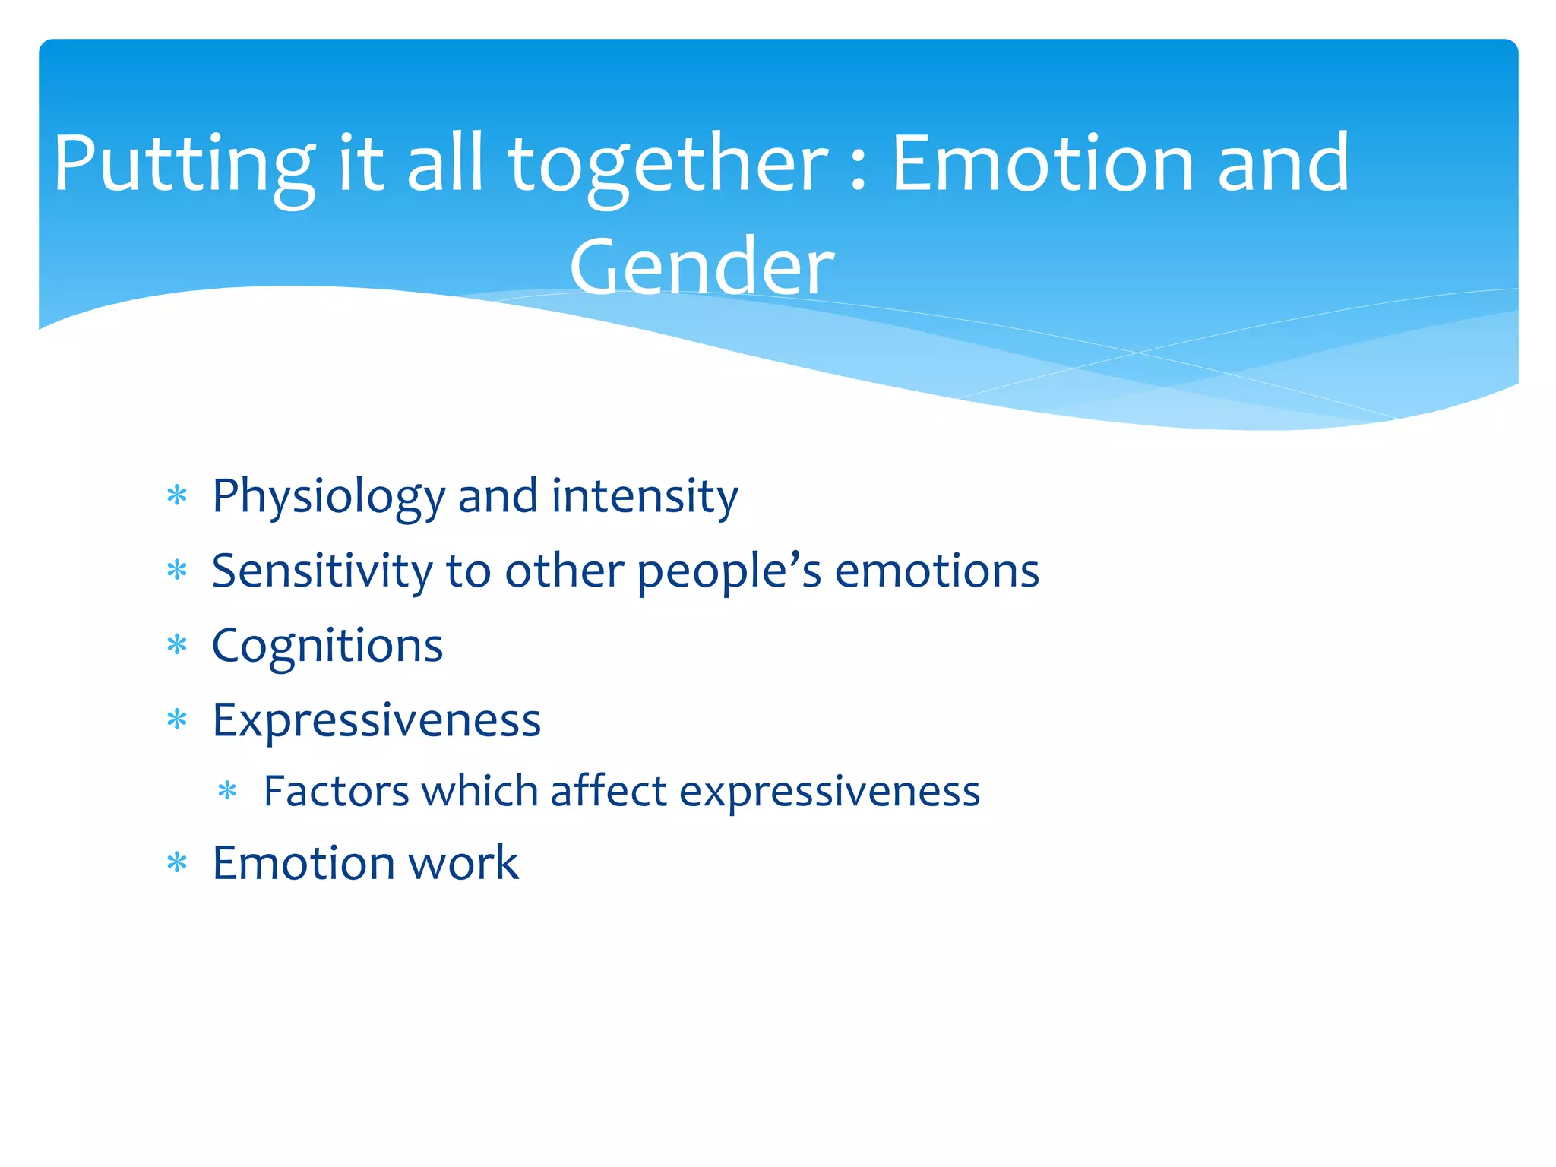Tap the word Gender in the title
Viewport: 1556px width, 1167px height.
(x=701, y=267)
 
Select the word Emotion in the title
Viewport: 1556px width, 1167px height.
(x=1042, y=163)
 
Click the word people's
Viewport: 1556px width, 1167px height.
(x=729, y=571)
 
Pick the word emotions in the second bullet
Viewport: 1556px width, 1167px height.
(x=936, y=571)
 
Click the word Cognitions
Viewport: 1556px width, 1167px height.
(x=327, y=647)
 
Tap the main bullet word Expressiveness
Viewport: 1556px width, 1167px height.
(x=376, y=719)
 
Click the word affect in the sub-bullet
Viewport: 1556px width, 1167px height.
(x=608, y=791)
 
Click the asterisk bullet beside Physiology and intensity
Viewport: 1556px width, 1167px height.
(x=177, y=496)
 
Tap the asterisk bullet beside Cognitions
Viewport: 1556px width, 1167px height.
(x=177, y=645)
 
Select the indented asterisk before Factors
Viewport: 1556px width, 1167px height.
(x=227, y=792)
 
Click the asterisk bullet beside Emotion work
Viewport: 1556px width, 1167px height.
(x=177, y=863)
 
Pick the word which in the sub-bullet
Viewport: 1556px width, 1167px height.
(x=479, y=791)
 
